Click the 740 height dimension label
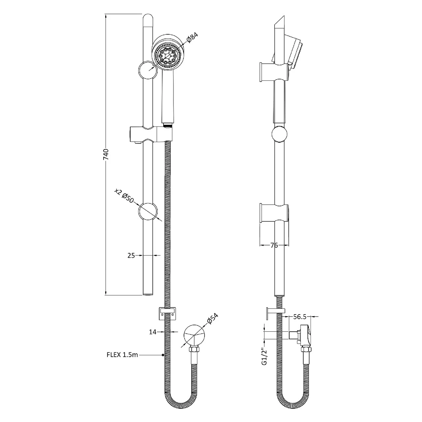click(106, 154)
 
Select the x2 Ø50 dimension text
click(124, 196)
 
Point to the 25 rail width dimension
click(131, 255)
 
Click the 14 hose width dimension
click(152, 332)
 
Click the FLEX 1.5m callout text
click(122, 355)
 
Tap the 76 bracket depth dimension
click(274, 245)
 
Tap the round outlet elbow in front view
click(194, 335)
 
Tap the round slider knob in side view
click(280, 134)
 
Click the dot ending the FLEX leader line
click(163, 355)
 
